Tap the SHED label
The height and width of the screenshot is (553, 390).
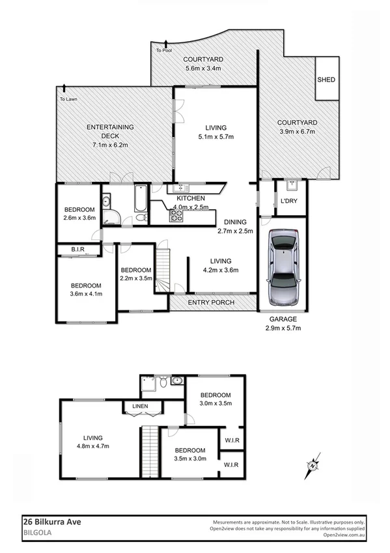(326, 80)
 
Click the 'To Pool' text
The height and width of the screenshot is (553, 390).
(163, 50)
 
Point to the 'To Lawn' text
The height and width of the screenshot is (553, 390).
(68, 99)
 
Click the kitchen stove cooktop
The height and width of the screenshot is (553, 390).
(176, 218)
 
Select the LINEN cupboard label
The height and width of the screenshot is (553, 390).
(140, 407)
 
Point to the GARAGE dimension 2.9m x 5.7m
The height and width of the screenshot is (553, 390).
(282, 328)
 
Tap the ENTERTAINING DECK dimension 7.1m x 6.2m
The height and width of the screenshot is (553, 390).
(111, 145)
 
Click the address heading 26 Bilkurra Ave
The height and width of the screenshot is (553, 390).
(52, 521)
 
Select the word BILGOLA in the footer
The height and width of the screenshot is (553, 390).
(37, 531)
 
